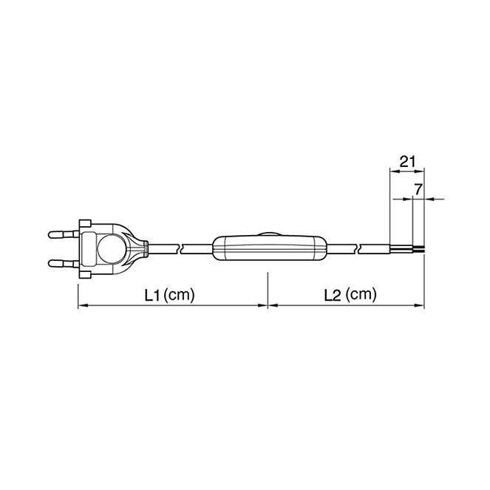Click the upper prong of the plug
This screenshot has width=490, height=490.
point(64,234)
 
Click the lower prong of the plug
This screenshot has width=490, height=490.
point(64,263)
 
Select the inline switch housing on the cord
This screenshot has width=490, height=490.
point(270,248)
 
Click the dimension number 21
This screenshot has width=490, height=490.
point(407,162)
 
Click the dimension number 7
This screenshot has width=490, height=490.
point(418,189)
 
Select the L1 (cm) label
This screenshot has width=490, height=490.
point(169,294)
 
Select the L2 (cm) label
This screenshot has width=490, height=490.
point(350,294)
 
